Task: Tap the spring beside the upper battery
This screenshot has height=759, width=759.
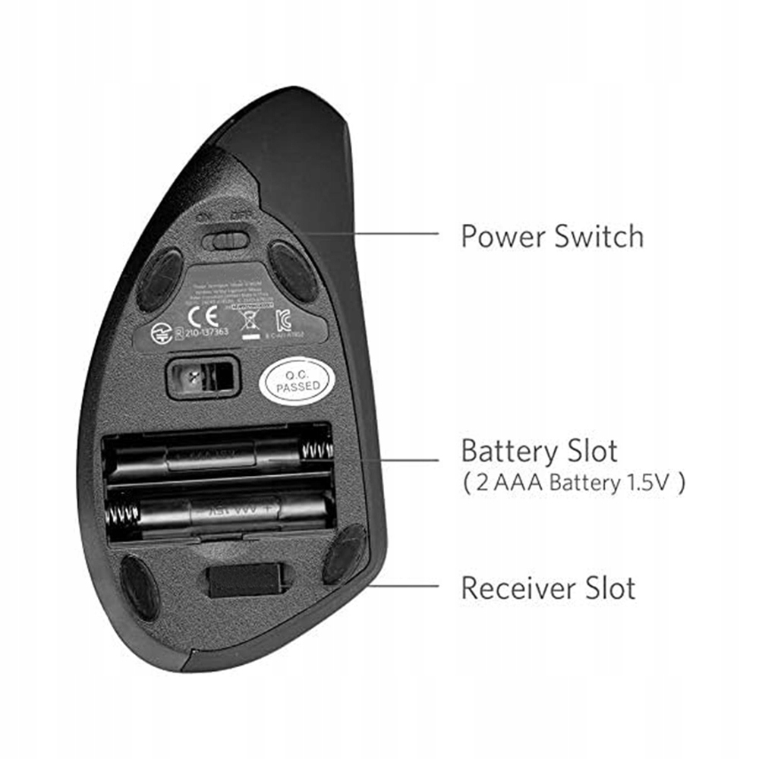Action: pos(317,452)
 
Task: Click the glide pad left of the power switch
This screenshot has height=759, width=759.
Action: pos(159,279)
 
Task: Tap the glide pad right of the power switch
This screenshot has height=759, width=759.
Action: pos(293,271)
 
